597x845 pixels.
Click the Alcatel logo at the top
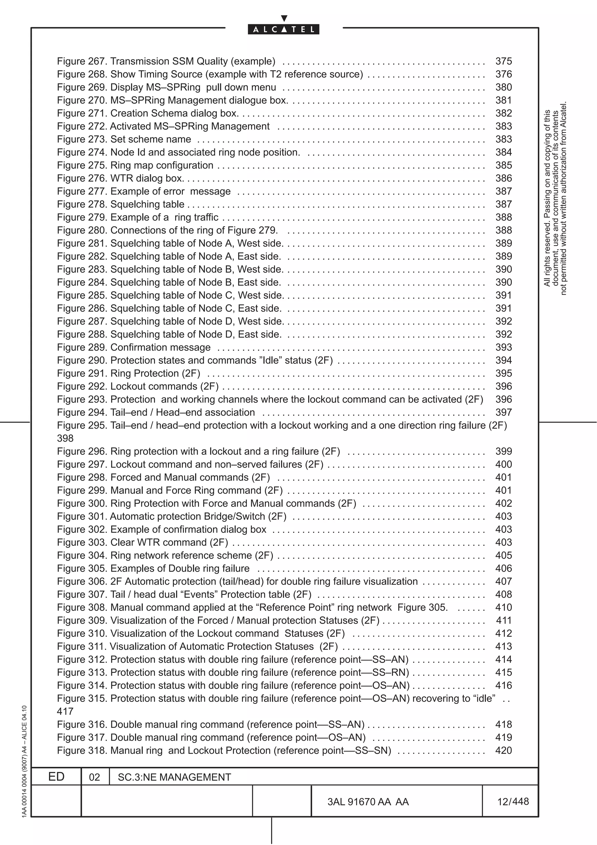[x=283, y=29]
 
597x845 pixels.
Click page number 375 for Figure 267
[x=503, y=61]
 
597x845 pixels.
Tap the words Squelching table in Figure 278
[x=147, y=204]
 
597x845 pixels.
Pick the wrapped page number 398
[x=65, y=438]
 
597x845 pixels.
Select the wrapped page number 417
[x=65, y=711]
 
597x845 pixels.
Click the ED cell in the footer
[x=56, y=776]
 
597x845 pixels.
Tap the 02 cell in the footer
[x=94, y=777]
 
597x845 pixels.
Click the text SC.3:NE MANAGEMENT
[x=174, y=777]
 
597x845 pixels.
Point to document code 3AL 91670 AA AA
[x=368, y=802]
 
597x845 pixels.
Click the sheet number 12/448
[x=513, y=802]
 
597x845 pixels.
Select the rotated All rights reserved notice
[x=555, y=199]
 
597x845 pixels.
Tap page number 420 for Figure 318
[x=503, y=751]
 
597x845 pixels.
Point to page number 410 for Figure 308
[x=503, y=607]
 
